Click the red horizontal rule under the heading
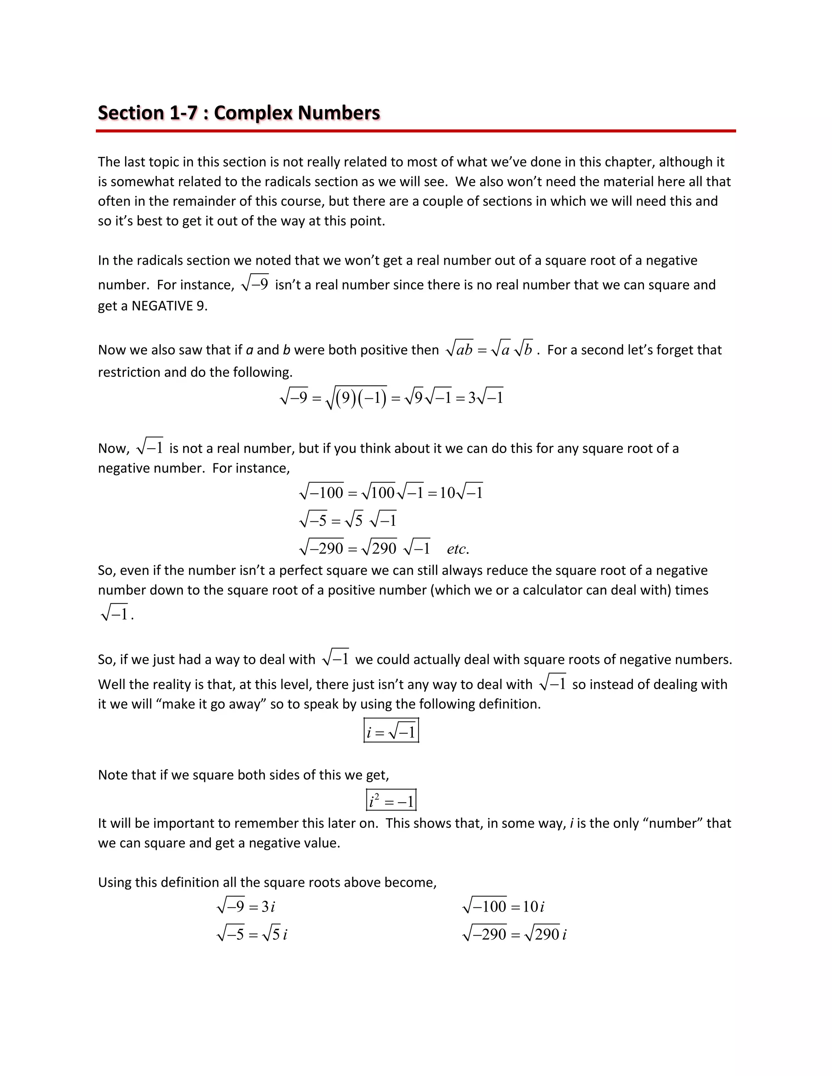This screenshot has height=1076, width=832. pos(416,131)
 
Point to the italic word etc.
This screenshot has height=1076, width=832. pos(457,549)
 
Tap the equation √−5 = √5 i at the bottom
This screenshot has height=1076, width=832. pos(252,935)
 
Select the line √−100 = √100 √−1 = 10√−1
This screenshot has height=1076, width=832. pos(391,493)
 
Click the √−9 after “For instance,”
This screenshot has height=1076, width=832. pos(255,284)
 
